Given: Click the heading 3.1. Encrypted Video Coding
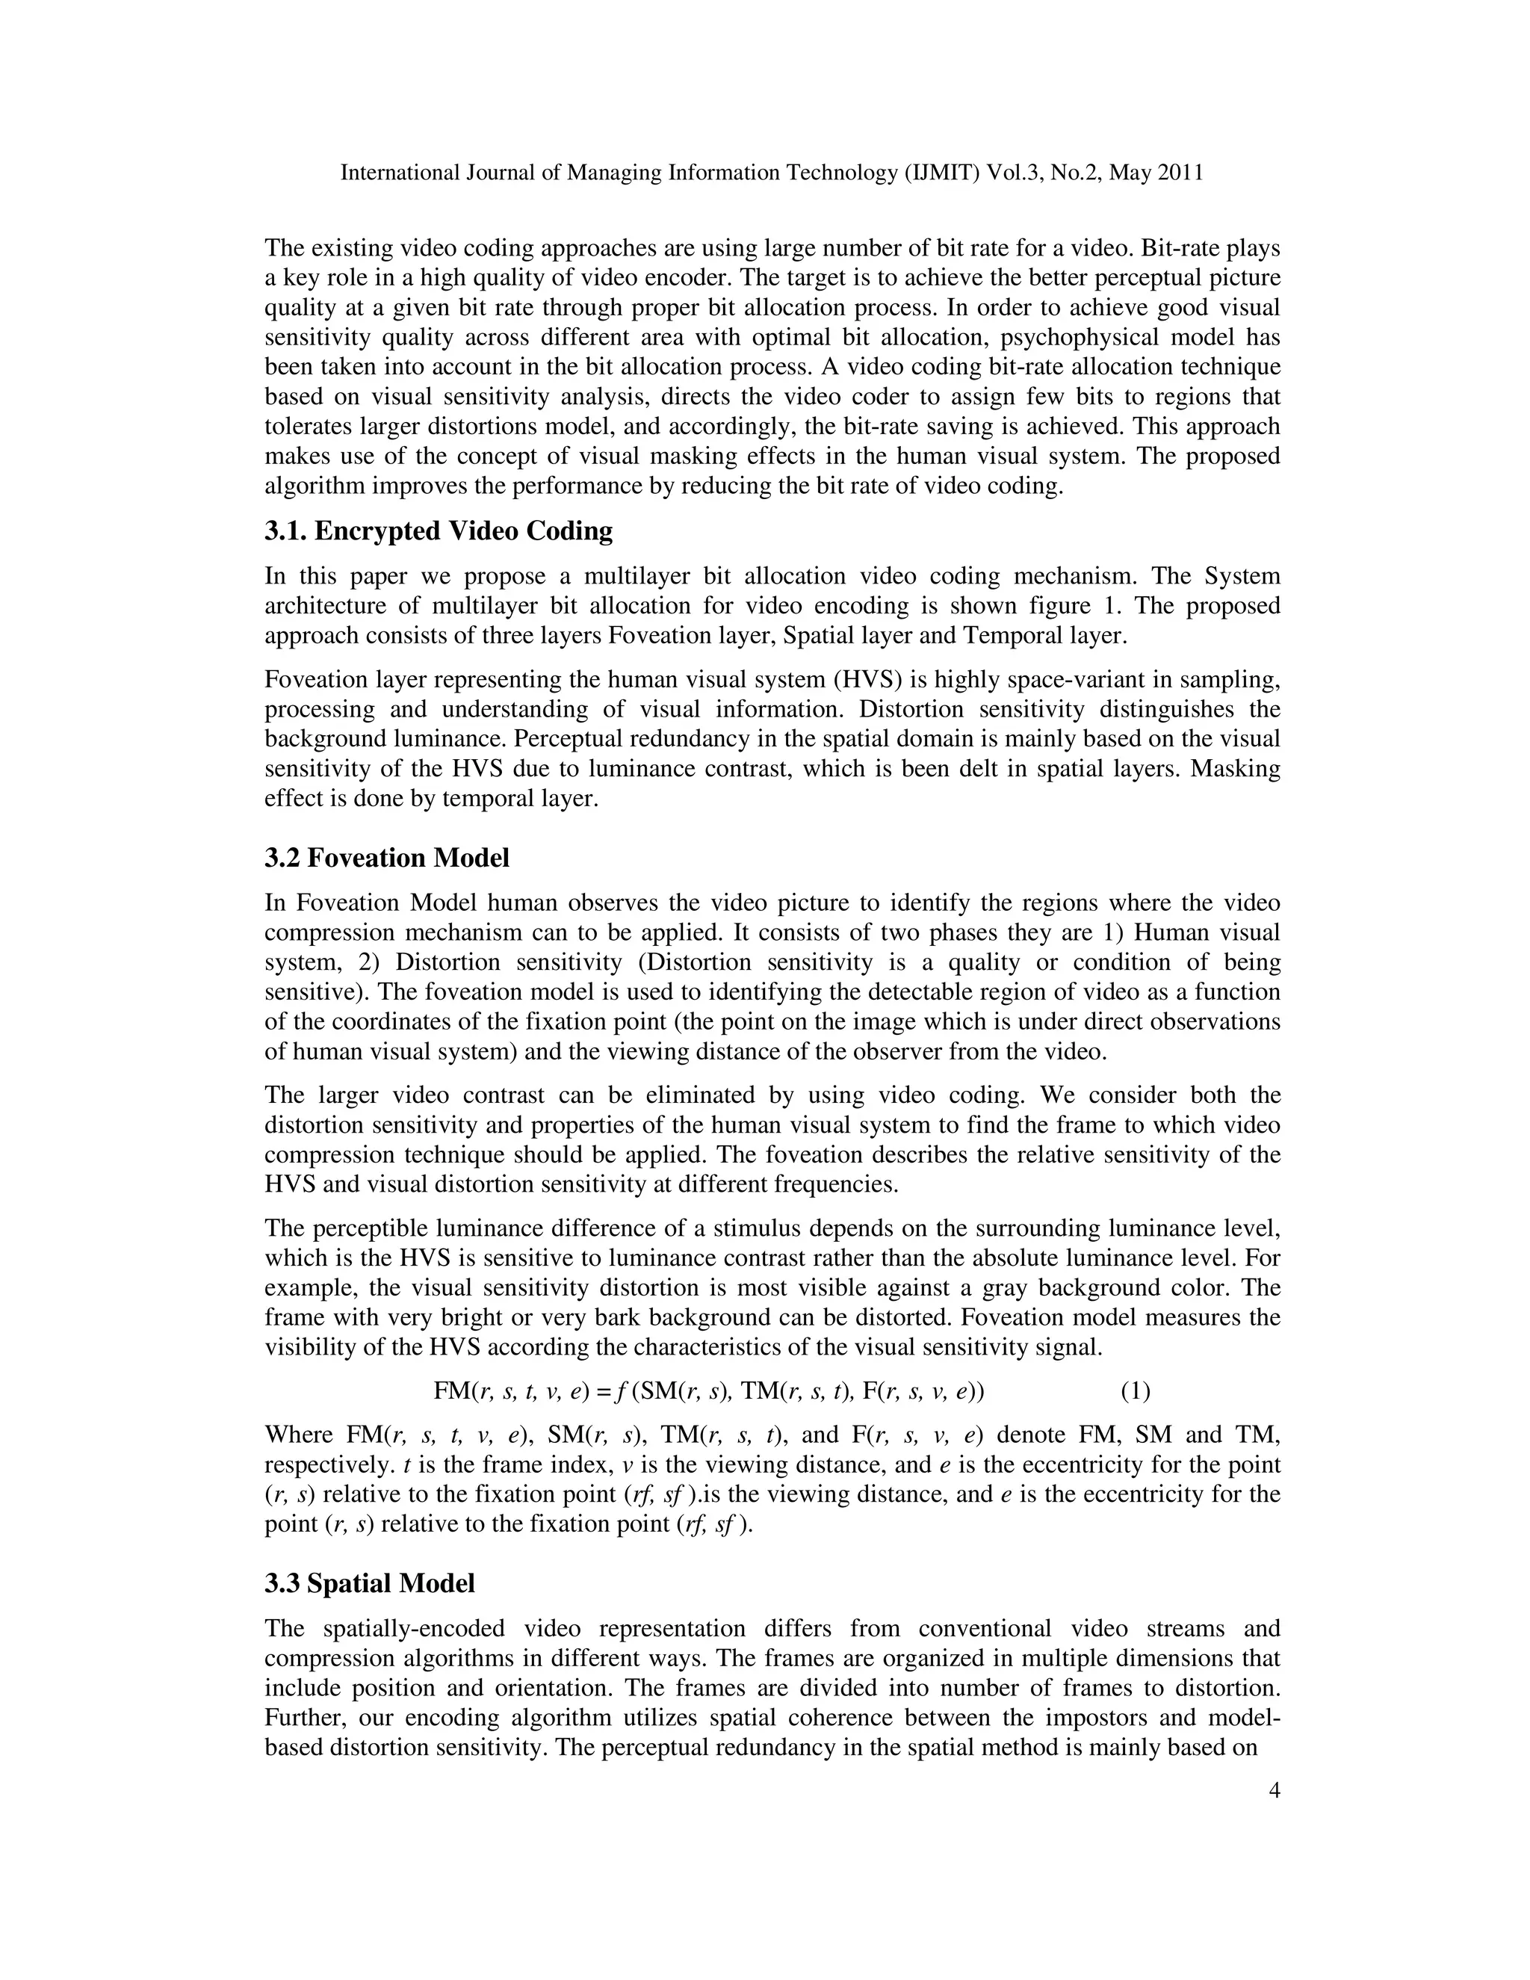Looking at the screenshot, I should coord(439,531).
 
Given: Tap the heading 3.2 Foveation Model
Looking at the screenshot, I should coord(387,858).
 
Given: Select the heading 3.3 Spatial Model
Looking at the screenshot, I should coord(370,1584).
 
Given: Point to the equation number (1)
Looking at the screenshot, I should coord(1135,1390).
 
